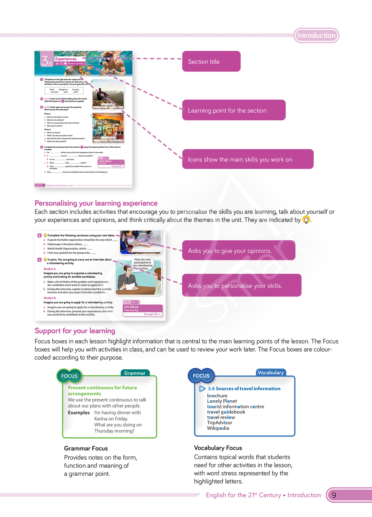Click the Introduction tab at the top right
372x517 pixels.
[316, 35]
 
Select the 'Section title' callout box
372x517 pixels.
[211, 61]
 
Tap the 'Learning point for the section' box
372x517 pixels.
[234, 110]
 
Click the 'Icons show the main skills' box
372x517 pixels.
[247, 159]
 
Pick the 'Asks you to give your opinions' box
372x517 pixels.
[239, 250]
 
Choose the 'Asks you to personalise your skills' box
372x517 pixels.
[241, 285]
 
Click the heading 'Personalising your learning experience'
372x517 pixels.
[96, 203]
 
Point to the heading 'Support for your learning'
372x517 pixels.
[75, 331]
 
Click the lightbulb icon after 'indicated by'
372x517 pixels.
[306, 220]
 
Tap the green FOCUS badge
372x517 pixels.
[69, 376]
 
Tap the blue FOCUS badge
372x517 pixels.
[201, 376]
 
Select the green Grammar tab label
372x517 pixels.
[135, 373]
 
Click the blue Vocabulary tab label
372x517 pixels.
[270, 373]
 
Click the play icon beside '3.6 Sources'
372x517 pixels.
[202, 389]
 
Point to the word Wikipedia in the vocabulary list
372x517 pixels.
[218, 428]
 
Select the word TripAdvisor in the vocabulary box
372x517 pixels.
[220, 423]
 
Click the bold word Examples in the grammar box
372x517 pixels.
[79, 412]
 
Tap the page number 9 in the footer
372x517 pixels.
[334, 495]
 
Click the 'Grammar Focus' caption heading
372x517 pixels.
[86, 448]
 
